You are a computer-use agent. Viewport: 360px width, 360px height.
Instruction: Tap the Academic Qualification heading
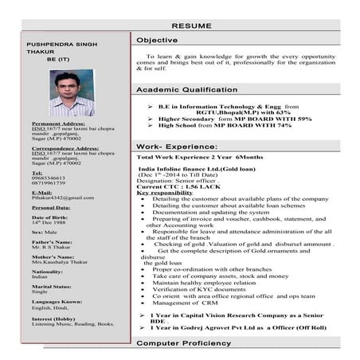pos(186,90)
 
